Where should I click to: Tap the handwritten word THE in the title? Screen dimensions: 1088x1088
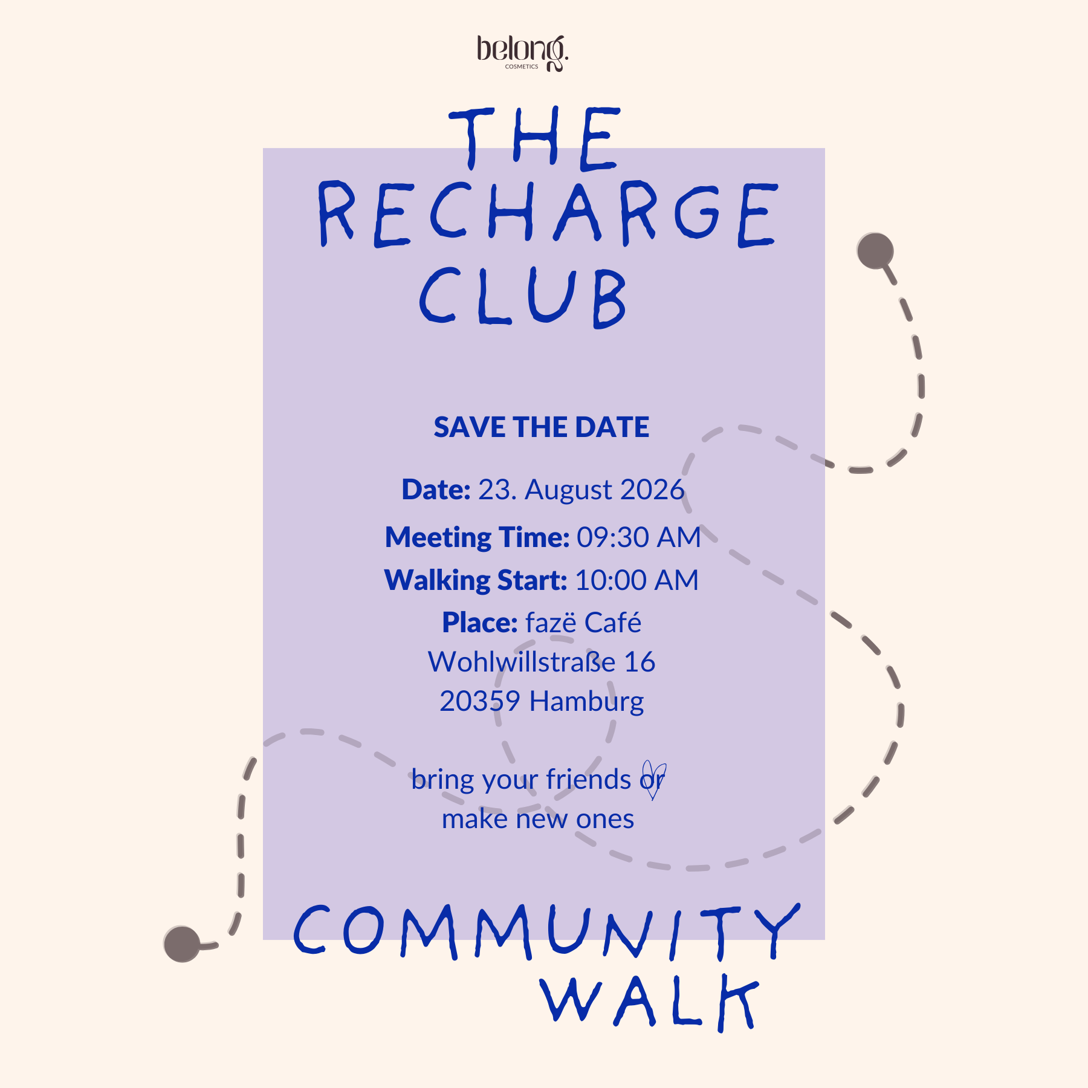tap(535, 138)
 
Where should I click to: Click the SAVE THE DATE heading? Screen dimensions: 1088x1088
tap(542, 427)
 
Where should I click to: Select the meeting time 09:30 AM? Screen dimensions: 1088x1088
tap(638, 537)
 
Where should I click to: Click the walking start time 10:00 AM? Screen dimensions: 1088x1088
tap(636, 580)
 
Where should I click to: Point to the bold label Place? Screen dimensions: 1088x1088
tap(480, 623)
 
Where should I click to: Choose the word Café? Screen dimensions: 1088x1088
tap(613, 623)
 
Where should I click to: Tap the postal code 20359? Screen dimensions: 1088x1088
tap(480, 702)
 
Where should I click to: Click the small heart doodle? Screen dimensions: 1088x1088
tap(654, 780)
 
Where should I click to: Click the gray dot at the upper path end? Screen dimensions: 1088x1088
tap(875, 251)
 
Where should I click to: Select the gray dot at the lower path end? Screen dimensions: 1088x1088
tap(182, 944)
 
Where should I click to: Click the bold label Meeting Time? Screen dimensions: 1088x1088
tap(478, 537)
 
